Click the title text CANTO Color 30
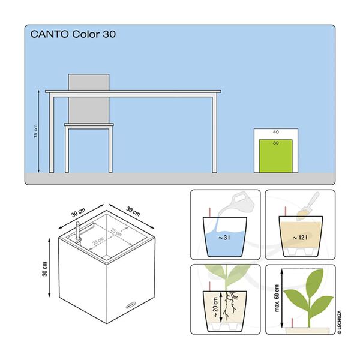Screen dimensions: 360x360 point(73,34)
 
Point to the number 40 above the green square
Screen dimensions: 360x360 point(276,132)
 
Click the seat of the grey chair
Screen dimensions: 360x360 point(89,125)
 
